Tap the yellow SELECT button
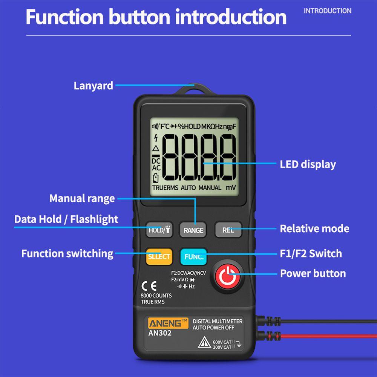click(159, 257)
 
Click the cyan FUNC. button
click(194, 257)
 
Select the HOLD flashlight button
click(159, 230)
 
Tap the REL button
click(227, 230)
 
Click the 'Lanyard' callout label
click(93, 85)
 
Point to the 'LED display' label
click(308, 164)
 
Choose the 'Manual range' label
click(82, 198)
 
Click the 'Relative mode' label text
click(314, 228)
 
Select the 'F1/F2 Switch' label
click(311, 253)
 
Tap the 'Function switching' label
click(67, 253)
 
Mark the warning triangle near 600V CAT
click(204, 342)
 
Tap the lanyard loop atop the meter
click(195, 90)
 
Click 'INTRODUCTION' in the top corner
click(327, 11)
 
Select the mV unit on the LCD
click(231, 187)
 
